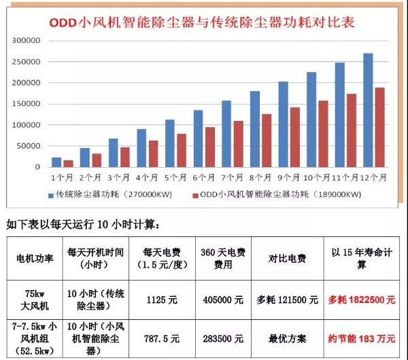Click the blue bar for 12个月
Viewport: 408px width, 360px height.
pos(368,110)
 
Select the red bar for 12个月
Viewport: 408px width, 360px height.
pos(379,127)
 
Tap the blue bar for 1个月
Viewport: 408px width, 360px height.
pos(56,162)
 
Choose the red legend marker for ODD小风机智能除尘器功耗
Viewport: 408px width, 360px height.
pos(196,195)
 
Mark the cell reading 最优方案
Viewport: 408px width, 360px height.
pos(288,338)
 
